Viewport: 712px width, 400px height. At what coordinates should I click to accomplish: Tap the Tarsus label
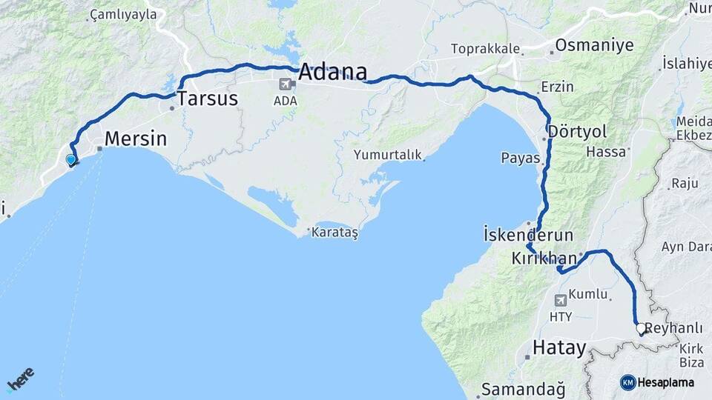[207, 98]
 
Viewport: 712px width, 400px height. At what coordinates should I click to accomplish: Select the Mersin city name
[136, 139]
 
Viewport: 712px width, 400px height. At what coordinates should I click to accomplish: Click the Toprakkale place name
[485, 49]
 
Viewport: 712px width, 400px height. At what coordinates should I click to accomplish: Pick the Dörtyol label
[578, 131]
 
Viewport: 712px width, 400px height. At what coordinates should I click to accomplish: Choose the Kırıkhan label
[544, 259]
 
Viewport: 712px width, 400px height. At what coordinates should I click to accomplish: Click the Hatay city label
[560, 347]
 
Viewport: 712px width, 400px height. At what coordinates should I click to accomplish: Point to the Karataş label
[334, 232]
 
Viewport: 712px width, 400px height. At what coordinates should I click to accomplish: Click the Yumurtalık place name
[387, 155]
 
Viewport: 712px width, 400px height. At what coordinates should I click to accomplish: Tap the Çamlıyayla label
[123, 14]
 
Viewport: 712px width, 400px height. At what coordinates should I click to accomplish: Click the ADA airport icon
[285, 85]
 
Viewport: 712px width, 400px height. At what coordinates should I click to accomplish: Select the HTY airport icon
[560, 300]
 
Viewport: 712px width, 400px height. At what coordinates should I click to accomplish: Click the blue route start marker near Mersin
[70, 159]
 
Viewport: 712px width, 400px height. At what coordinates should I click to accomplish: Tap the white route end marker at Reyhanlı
[641, 327]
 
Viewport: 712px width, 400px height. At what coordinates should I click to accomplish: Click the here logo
[22, 380]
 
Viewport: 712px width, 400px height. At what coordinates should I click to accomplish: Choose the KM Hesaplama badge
[657, 382]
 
